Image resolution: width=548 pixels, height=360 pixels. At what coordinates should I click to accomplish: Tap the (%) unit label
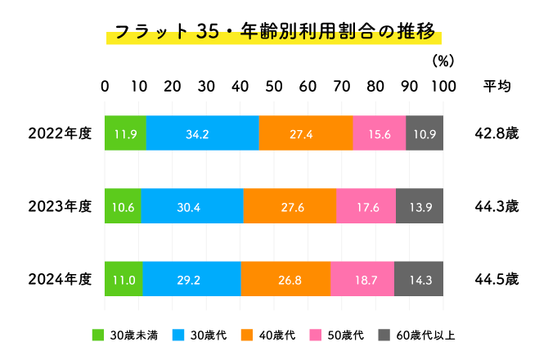442,61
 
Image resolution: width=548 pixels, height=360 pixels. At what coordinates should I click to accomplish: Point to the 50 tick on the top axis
274,87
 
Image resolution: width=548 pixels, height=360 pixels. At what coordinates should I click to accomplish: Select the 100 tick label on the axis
442,87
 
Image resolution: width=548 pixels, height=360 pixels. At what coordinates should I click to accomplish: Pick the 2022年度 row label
59,133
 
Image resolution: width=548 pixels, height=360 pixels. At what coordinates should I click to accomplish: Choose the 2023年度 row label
59,206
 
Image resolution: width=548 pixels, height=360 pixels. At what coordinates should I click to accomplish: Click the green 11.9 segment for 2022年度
125,133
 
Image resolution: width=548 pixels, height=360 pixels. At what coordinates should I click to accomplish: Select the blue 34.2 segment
203,133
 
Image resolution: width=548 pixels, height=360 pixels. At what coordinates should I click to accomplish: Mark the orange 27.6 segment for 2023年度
290,206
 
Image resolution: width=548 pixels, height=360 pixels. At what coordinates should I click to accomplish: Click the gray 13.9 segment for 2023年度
420,206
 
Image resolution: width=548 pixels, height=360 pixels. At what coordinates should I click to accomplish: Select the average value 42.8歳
496,133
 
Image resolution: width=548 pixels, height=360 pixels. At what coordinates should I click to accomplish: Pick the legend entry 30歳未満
134,335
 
